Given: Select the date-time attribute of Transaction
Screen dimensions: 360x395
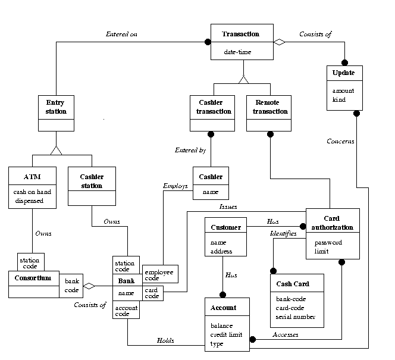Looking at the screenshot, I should pos(238,52).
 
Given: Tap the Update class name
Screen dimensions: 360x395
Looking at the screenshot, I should pos(344,73).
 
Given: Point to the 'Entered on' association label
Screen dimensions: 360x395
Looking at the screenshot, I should pos(121,34).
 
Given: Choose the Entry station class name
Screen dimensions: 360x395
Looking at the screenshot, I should pos(56,107).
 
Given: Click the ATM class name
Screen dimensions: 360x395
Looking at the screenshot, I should pos(32,177).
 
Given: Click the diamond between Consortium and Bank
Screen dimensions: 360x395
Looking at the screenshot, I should pos(89,286).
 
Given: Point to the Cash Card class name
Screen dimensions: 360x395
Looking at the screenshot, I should pos(293,284).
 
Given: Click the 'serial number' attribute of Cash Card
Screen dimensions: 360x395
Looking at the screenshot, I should pos(296,317).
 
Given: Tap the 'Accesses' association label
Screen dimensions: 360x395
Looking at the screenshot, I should pos(285,335).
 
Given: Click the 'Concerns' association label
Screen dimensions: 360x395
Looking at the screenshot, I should pos(340,142).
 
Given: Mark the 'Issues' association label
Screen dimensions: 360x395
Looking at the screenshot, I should pos(228,207).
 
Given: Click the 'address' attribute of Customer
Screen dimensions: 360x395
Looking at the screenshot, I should pos(221,252).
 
